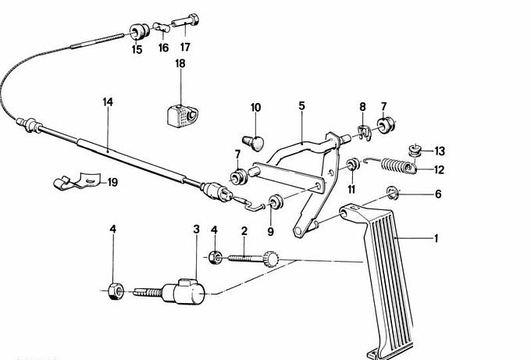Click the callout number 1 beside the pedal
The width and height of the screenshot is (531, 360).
click(436, 239)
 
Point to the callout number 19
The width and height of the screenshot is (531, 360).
click(112, 183)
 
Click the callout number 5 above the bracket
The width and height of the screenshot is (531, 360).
click(301, 105)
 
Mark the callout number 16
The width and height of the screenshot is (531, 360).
click(163, 48)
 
